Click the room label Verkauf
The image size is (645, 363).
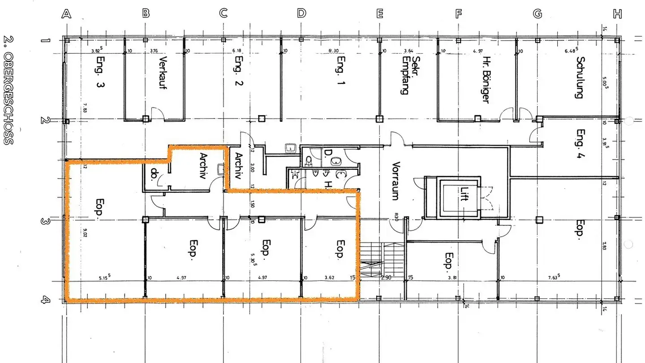click(163, 73)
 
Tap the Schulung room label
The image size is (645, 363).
click(580, 77)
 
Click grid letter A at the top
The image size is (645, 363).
click(66, 13)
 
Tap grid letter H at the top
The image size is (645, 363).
click(617, 13)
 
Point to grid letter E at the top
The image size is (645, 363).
click(380, 13)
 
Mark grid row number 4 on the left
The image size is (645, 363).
click(45, 300)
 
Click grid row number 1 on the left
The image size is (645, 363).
click(45, 40)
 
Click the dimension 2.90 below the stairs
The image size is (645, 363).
click(386, 278)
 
